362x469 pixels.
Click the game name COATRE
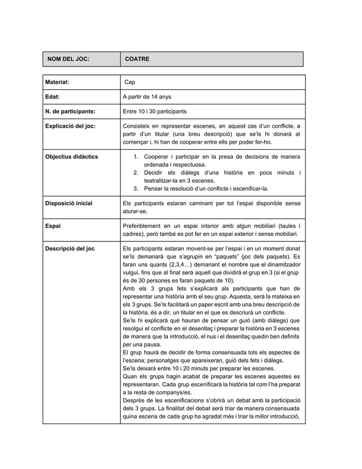[x=137, y=59]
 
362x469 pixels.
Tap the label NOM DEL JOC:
[x=68, y=59]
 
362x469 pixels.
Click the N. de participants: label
[x=70, y=111]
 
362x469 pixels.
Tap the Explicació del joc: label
[x=70, y=125]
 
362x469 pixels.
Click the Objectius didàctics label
[x=71, y=156]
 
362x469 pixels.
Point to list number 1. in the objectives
[x=136, y=156]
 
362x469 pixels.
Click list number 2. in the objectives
[x=136, y=172]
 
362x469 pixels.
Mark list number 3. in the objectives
[x=136, y=188]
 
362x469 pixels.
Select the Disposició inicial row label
[x=69, y=203]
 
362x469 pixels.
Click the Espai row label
[x=53, y=226]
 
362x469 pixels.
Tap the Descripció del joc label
[x=70, y=249]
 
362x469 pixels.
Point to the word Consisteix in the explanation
[x=138, y=125]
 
